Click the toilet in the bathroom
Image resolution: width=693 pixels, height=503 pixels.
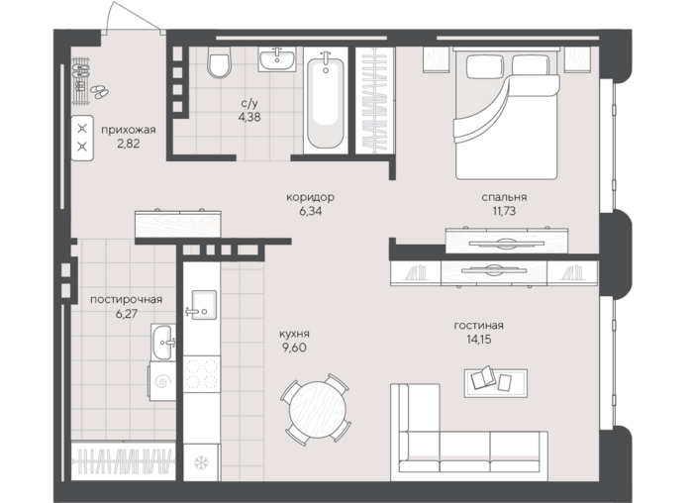[219, 62]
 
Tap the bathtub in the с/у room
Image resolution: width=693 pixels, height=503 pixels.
[326, 103]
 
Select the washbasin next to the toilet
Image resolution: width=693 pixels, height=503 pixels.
[277, 59]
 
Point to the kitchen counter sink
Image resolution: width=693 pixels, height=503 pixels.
[201, 305]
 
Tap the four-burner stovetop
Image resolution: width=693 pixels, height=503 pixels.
[202, 374]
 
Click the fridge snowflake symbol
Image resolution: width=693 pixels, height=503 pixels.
[201, 462]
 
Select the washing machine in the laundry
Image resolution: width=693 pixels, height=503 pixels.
[162, 381]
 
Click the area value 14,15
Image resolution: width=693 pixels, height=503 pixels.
[478, 340]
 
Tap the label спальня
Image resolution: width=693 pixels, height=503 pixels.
[504, 197]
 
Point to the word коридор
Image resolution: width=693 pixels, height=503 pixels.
[310, 197]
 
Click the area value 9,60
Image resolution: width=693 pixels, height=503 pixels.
[294, 348]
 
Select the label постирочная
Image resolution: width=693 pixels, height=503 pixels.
[126, 300]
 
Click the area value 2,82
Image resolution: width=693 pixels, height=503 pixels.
[128, 144]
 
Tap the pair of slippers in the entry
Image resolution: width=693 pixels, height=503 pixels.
[100, 91]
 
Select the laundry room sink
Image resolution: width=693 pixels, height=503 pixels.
[163, 343]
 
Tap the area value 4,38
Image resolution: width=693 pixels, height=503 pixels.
[248, 117]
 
